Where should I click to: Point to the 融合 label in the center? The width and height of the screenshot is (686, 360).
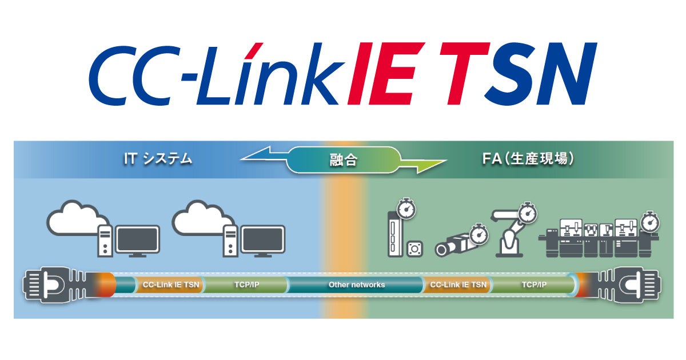point(343,161)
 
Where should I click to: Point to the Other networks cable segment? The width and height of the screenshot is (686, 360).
point(356,285)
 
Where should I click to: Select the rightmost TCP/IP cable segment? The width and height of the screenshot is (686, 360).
point(533,284)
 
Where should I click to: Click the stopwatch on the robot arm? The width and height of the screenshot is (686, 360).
point(528,212)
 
